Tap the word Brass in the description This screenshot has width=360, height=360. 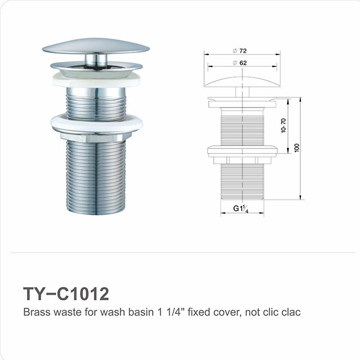[x=35, y=312]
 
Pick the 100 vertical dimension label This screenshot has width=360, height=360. [x=296, y=147]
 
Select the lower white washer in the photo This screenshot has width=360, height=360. [x=97, y=122]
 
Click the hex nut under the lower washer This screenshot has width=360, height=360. [x=96, y=136]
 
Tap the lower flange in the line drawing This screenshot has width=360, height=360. [x=242, y=150]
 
